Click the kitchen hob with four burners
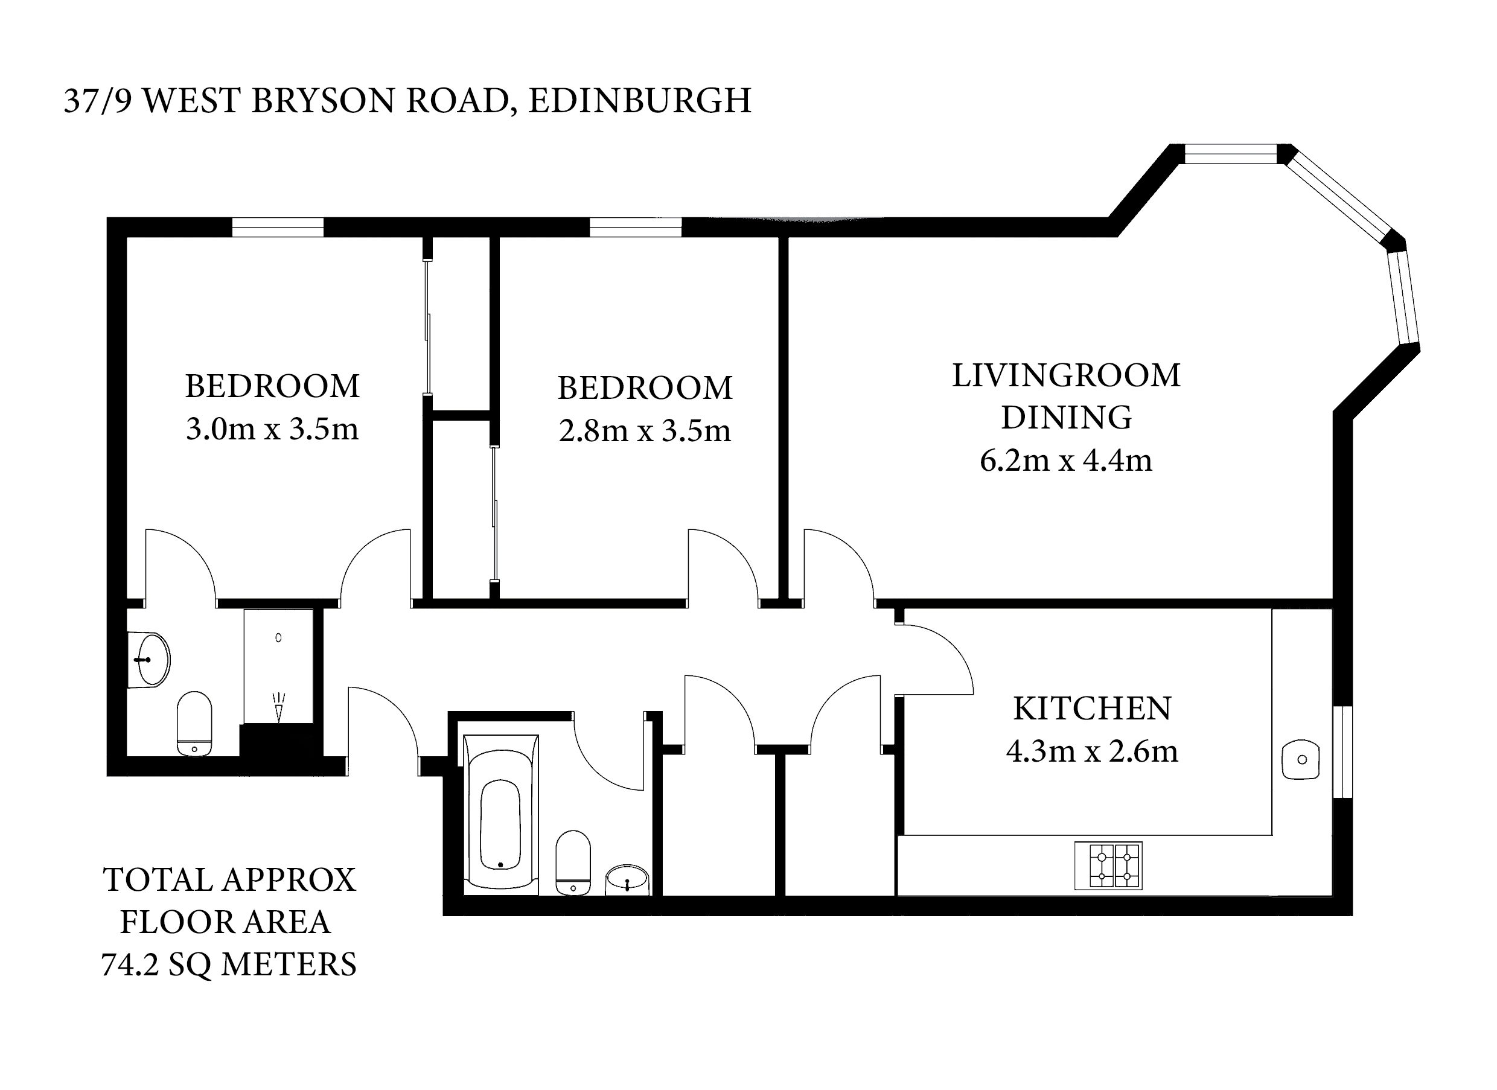pos(1108,865)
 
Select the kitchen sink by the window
pos(1300,759)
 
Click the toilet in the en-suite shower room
pos(195,723)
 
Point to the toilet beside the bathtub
pos(572,862)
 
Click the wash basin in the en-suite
pos(150,659)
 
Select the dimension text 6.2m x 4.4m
pos(1065,460)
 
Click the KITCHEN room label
pos(1092,709)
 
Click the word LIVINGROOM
pos(1065,375)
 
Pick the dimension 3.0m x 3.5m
pos(272,429)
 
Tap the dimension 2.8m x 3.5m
pos(644,431)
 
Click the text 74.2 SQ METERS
pos(228,964)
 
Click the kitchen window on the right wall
pos(1342,751)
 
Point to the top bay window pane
pos(1230,154)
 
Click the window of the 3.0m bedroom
pos(278,227)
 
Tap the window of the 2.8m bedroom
pos(635,227)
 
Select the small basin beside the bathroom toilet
pos(627,880)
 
